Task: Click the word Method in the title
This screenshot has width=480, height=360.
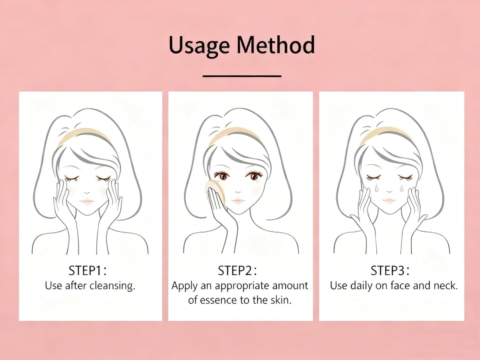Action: pos(276,44)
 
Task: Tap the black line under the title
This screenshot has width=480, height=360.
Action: pos(242,76)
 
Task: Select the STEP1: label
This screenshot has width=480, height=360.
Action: pos(88,271)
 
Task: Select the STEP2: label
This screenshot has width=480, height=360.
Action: pos(237,271)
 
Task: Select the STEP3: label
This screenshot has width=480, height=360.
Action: pos(390,271)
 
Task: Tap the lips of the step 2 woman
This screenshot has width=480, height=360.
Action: pos(238,200)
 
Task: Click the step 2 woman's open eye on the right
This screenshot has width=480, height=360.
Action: pos(254,176)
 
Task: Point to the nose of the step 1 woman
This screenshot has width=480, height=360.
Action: pos(87,192)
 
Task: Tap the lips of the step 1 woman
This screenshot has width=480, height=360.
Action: pos(87,201)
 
